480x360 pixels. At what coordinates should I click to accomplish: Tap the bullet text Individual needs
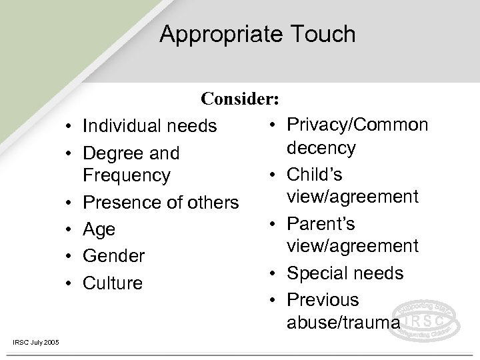click(150, 126)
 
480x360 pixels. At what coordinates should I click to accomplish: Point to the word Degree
click(110, 153)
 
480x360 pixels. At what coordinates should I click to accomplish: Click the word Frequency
click(127, 176)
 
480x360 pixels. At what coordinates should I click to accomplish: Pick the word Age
click(99, 229)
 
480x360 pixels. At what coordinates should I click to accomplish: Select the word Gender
click(113, 256)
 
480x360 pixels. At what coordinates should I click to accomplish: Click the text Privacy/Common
click(357, 125)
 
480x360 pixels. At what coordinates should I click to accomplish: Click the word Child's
click(315, 174)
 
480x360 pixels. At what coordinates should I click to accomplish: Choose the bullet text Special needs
click(345, 273)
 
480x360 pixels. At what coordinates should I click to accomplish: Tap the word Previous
click(323, 300)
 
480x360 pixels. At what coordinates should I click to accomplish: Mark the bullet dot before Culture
click(69, 283)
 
